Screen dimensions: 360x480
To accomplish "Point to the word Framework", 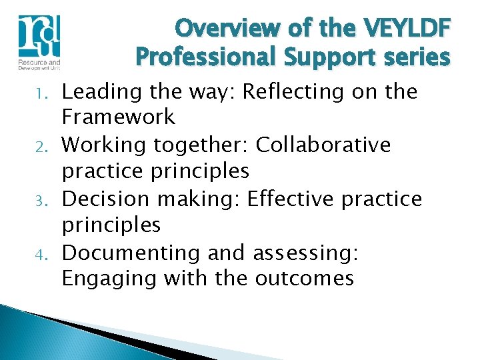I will coord(119,117).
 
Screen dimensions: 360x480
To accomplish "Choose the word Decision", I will coord(105,199).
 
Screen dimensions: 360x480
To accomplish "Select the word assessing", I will coord(305,253).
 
